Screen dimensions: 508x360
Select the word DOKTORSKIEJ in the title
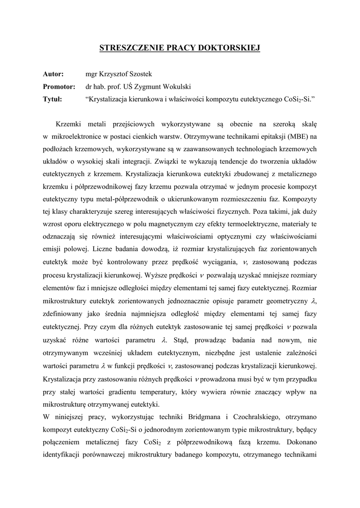pos(231,48)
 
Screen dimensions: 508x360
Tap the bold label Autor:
pos(53,74)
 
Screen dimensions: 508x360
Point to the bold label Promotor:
pos(59,86)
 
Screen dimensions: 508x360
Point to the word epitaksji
pos(267,135)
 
